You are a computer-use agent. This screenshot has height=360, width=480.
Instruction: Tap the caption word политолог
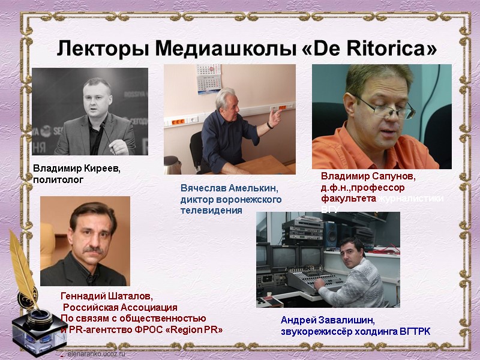pos(58,179)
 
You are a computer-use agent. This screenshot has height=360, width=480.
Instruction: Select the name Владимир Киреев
pos(76,169)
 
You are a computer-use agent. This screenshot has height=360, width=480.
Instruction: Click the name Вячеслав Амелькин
pos(229,188)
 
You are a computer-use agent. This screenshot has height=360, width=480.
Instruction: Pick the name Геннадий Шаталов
pos(107,296)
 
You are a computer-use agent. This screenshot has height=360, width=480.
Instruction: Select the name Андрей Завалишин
pos(327,320)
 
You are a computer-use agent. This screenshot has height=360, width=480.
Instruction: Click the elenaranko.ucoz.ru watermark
pos(96,355)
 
